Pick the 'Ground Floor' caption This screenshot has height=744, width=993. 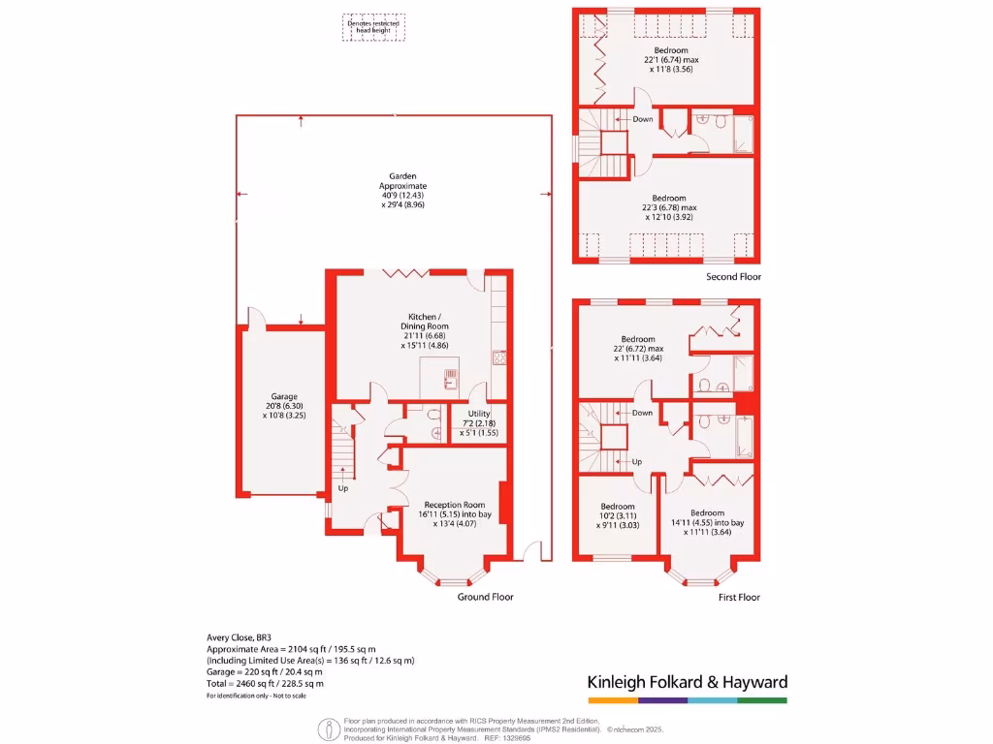(x=485, y=598)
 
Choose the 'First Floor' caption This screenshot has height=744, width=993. (x=739, y=598)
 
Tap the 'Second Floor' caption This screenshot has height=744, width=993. (x=734, y=277)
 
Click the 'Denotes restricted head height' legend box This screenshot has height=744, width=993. (x=374, y=27)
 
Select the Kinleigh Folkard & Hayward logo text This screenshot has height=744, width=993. (x=688, y=682)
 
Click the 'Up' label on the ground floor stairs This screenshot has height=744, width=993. (x=343, y=488)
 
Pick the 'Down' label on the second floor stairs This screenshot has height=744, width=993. (x=642, y=120)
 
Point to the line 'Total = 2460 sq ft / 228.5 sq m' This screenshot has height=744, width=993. (x=265, y=684)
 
